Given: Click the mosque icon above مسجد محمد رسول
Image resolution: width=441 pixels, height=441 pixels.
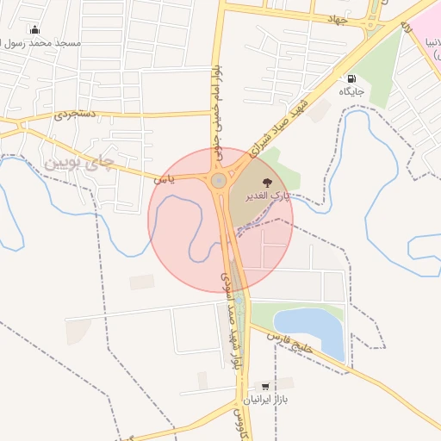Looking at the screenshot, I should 34,29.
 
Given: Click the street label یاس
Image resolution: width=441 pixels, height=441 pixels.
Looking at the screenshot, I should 164,179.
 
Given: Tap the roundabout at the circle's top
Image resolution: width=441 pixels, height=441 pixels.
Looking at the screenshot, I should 219,180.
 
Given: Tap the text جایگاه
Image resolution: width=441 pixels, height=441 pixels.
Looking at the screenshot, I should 351,90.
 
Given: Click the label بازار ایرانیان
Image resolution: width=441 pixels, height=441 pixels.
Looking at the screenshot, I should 265,400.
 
